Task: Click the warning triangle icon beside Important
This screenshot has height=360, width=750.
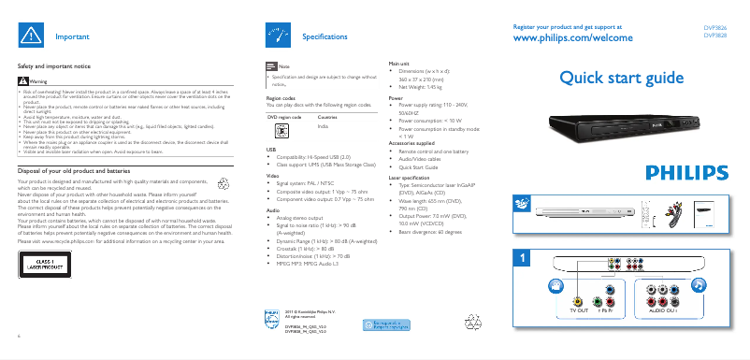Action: pyautogui.click(x=32, y=35)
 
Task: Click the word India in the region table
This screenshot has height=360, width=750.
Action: pyautogui.click(x=324, y=125)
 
